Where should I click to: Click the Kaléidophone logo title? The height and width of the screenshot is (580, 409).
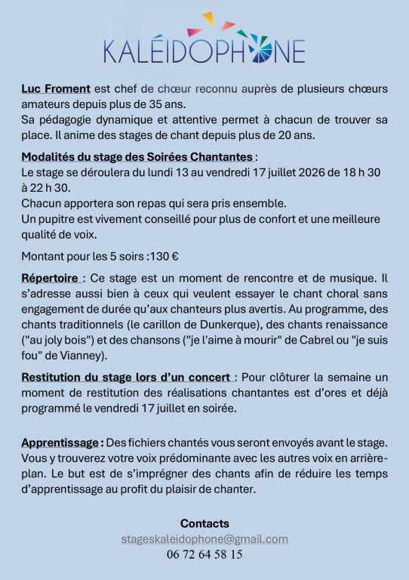coord(204,50)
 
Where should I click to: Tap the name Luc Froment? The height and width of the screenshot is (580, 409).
coord(55,88)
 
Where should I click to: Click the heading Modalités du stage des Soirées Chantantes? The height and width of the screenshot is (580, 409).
coord(137,157)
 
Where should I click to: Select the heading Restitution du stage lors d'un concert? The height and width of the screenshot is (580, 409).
coord(127,378)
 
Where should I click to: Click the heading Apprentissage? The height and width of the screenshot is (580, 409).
coord(61,442)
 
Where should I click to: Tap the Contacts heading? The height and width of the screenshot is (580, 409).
coord(204,523)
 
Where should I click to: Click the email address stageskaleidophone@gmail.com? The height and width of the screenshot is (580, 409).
coord(204,539)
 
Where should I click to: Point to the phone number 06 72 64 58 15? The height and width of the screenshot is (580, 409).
coord(204,555)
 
